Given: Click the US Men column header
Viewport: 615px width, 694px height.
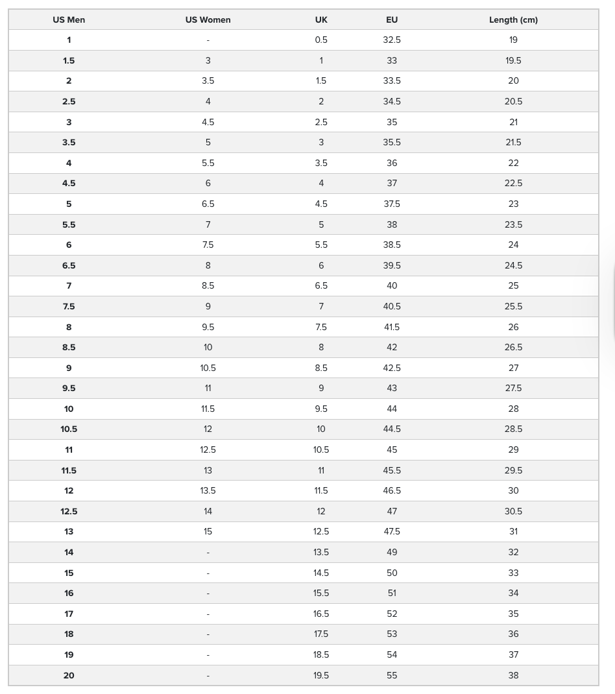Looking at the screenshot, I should click(69, 19).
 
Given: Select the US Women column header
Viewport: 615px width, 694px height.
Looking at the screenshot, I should click(208, 19).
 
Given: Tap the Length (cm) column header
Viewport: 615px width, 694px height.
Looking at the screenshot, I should click(513, 19).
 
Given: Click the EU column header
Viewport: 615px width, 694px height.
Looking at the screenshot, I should click(392, 19).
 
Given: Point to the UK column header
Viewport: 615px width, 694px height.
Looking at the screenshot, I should click(321, 19).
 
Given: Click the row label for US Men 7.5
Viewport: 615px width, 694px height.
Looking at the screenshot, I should click(69, 306).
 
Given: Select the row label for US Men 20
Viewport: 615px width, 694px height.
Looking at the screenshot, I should click(69, 675).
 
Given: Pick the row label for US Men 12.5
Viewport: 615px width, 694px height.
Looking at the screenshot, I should click(69, 511).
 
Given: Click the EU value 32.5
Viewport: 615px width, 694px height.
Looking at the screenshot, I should click(392, 40).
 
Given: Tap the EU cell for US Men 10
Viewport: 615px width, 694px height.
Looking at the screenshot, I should click(392, 409).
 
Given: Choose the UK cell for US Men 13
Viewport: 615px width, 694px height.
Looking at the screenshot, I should click(321, 531).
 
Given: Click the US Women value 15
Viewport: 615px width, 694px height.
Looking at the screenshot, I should click(208, 531).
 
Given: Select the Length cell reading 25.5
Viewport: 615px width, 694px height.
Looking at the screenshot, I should click(513, 306).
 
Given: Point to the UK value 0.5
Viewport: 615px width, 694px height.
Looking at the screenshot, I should click(321, 40).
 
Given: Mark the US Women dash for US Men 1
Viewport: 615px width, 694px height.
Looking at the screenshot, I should click(208, 40).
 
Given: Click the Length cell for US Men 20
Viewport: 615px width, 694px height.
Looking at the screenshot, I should click(513, 675).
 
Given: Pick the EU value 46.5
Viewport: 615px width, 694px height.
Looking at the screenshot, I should click(392, 490).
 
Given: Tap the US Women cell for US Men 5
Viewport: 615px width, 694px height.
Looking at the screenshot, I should click(208, 204).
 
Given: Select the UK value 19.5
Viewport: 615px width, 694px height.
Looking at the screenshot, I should click(321, 675).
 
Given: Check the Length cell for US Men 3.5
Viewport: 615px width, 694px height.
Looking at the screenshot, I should click(513, 142).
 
